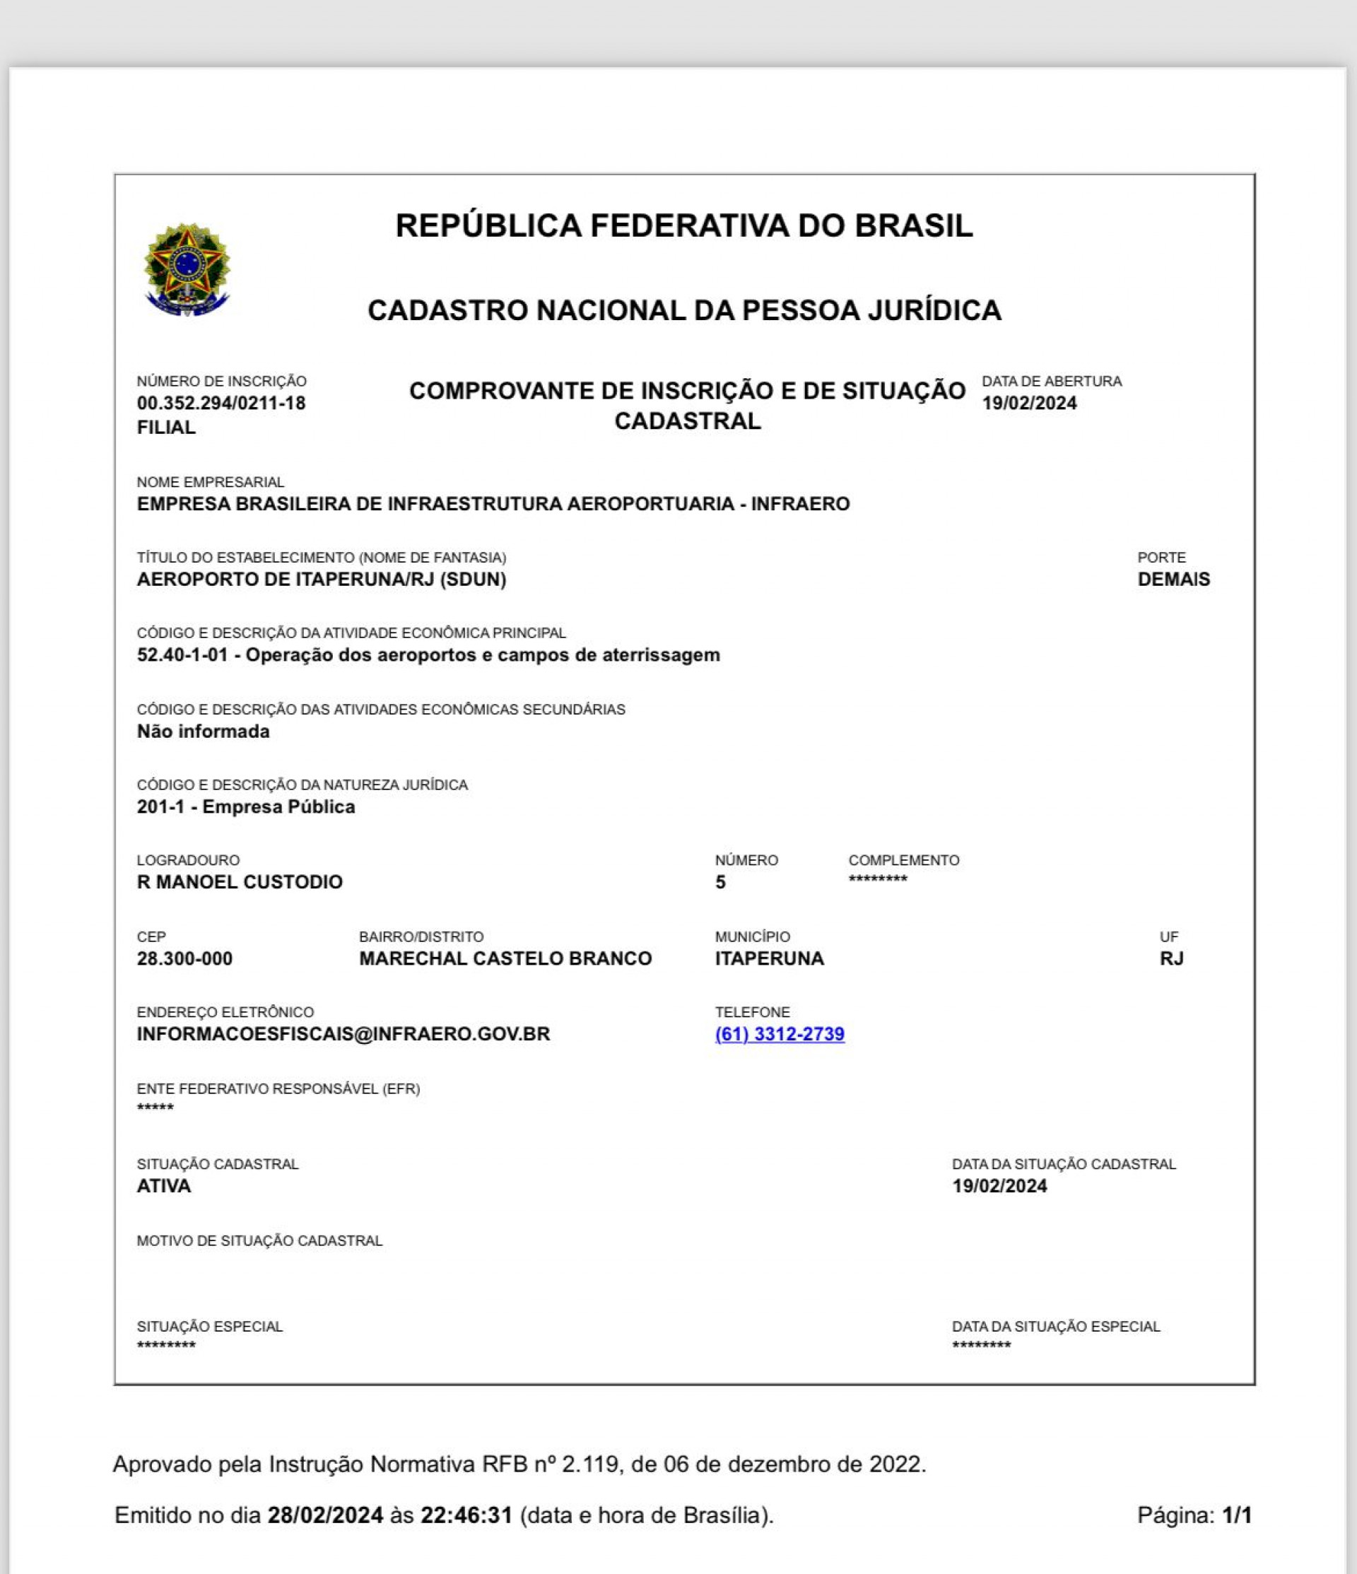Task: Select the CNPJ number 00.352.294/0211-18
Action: (x=221, y=404)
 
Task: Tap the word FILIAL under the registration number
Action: (x=166, y=428)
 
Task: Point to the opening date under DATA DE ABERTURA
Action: (x=1029, y=404)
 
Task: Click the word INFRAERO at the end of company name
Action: (x=800, y=505)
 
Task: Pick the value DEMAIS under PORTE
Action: (x=1173, y=580)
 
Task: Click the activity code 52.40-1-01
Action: (x=182, y=654)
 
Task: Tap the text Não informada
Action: (x=203, y=732)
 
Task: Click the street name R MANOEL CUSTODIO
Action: (x=240, y=882)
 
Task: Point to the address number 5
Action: (x=720, y=883)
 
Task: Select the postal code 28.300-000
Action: (x=184, y=958)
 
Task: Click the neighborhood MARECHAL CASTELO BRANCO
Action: (x=505, y=958)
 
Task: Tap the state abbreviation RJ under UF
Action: (x=1171, y=958)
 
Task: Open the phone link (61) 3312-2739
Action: (x=780, y=1034)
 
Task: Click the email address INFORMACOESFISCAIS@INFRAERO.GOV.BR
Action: (x=343, y=1034)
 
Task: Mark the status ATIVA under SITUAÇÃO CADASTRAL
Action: (x=163, y=1186)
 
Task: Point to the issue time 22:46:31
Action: (x=466, y=1515)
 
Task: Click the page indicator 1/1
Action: (x=1236, y=1515)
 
